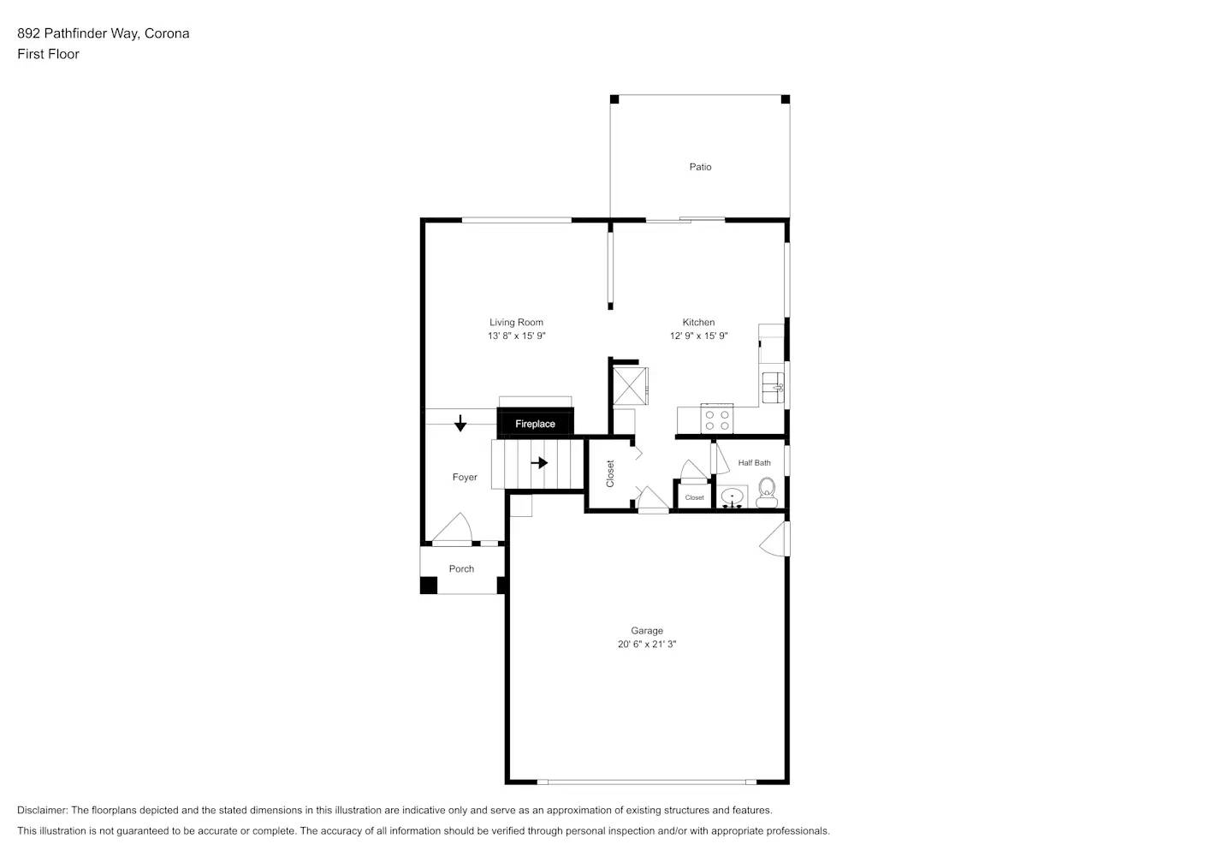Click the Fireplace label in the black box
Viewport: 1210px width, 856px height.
(x=535, y=424)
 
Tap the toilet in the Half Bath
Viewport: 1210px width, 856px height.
(x=766, y=491)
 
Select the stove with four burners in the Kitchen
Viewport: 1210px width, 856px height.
(x=716, y=419)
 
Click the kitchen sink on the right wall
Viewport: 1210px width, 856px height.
(x=774, y=388)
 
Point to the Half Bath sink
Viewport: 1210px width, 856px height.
(x=733, y=496)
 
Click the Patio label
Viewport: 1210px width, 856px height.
(x=700, y=167)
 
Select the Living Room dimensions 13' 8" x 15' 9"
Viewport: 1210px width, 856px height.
(x=516, y=336)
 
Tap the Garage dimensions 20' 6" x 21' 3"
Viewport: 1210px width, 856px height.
(x=647, y=645)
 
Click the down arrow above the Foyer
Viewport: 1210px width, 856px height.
(x=460, y=423)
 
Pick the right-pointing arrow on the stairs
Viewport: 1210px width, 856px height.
(x=539, y=463)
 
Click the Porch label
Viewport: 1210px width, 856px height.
(x=461, y=569)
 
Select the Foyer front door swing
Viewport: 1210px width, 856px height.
(x=454, y=527)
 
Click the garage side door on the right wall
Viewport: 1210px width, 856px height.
(x=775, y=539)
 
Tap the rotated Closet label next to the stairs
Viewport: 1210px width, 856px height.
(x=610, y=473)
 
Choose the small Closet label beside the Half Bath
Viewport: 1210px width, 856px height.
(x=694, y=497)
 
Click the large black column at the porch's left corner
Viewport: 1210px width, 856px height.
(x=429, y=586)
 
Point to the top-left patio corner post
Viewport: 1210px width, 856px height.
(x=614, y=99)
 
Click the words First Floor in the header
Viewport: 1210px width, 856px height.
(x=48, y=54)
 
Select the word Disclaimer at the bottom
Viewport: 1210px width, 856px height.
(x=42, y=811)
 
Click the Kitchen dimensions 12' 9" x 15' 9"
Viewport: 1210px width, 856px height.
(x=698, y=336)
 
